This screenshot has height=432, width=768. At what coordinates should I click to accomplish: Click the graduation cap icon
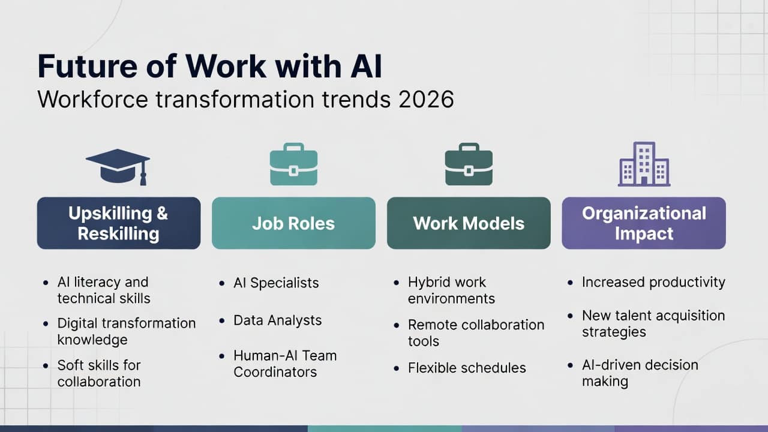click(x=118, y=167)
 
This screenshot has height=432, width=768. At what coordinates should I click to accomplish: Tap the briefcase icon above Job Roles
click(x=293, y=164)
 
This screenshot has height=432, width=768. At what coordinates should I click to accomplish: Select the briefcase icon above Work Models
click(x=469, y=164)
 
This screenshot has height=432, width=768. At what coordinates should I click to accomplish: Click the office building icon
click(x=644, y=164)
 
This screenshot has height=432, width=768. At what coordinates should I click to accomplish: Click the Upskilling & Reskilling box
click(x=119, y=223)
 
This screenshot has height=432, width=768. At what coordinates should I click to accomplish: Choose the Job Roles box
click(x=293, y=223)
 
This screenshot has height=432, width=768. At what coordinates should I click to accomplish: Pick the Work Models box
click(x=469, y=223)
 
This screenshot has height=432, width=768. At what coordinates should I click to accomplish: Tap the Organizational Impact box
click(x=644, y=223)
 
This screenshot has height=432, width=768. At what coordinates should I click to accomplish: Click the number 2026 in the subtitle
click(x=426, y=100)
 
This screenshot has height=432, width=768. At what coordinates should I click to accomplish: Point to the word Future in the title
click(x=88, y=66)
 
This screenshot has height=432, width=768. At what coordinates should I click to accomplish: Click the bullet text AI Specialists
click(x=276, y=283)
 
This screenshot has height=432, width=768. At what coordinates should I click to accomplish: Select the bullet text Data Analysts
click(x=277, y=320)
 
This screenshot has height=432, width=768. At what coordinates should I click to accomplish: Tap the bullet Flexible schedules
click(x=467, y=368)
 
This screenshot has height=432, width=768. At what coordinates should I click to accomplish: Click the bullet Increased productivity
click(x=653, y=283)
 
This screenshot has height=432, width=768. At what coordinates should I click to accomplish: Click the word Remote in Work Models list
click(x=433, y=325)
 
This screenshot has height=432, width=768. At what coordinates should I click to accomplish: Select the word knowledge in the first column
click(x=92, y=340)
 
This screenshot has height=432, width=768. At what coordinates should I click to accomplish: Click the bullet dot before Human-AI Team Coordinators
click(x=221, y=356)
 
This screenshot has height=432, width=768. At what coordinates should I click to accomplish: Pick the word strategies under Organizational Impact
click(x=614, y=332)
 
